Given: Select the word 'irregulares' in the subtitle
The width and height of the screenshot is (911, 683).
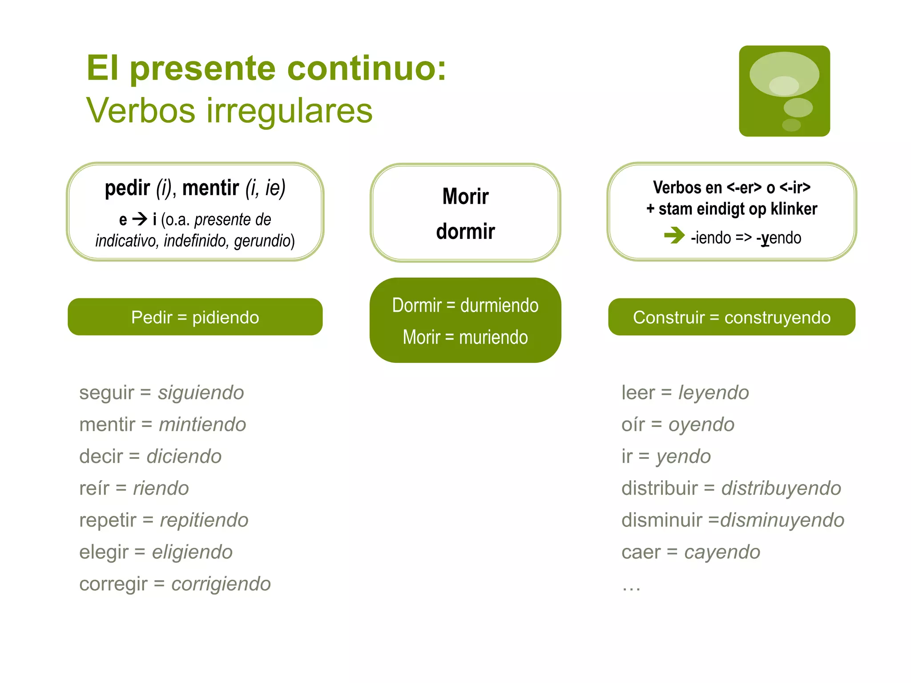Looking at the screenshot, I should [x=289, y=111].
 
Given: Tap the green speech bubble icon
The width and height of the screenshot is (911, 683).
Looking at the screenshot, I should [x=784, y=91].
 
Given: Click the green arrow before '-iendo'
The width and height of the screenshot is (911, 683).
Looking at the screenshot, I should [x=674, y=235].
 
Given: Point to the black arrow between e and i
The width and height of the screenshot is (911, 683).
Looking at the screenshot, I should [x=140, y=219].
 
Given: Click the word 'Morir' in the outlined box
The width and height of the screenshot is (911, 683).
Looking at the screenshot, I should [x=465, y=197].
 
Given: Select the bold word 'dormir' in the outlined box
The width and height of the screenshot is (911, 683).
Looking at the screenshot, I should [x=465, y=232].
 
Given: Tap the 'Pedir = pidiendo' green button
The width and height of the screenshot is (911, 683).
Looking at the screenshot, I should [x=195, y=317].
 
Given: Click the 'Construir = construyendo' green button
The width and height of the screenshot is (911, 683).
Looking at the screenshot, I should [x=731, y=317].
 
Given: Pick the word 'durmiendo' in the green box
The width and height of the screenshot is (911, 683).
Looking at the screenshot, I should [x=499, y=305].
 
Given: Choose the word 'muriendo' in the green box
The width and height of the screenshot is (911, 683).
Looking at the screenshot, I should [x=493, y=337].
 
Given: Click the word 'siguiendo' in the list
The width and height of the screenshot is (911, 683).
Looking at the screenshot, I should [x=201, y=393].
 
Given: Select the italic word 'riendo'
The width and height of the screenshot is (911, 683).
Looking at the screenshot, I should [x=161, y=488].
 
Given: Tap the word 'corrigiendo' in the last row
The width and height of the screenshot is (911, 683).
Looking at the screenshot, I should [x=221, y=584].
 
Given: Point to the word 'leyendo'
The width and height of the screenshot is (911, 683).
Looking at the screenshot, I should [x=713, y=393].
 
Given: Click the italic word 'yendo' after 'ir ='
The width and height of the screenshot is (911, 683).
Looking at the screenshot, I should [x=684, y=457].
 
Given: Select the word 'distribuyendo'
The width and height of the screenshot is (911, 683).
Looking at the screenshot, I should [x=781, y=488].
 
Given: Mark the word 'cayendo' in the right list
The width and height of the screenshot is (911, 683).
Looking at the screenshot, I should [x=722, y=552].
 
